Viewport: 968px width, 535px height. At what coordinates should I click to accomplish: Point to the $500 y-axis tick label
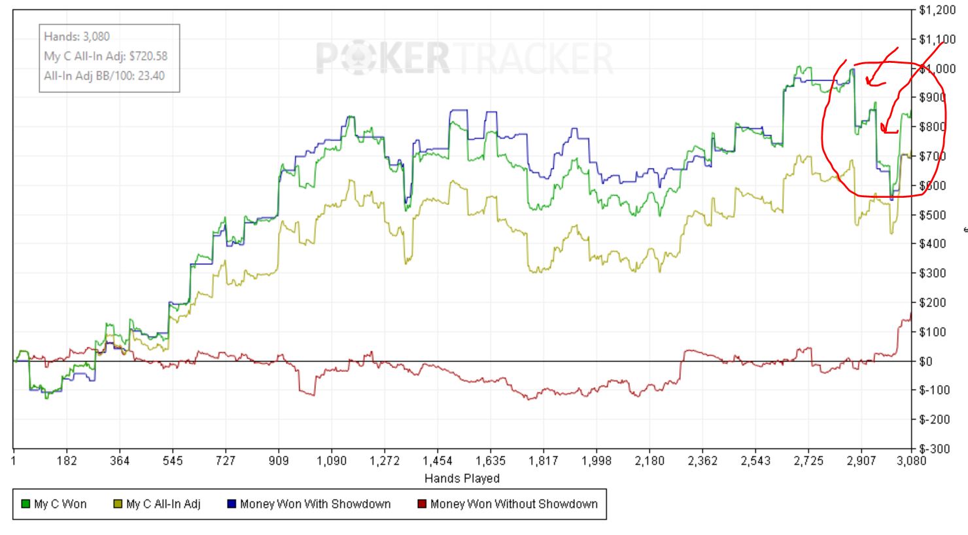pos(932,215)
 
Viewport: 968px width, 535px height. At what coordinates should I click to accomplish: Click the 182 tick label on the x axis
pos(67,461)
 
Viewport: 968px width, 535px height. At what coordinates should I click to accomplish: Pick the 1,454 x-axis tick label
pos(438,461)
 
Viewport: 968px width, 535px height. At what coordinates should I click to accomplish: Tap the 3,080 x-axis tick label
pos(912,461)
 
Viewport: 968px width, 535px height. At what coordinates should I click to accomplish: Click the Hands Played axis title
pos(462,478)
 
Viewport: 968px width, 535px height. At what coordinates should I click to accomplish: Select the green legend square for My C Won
pos(26,504)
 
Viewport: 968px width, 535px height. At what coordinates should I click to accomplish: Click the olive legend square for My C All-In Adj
pos(118,504)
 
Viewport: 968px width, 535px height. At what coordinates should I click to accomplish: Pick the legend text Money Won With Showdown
pos(315,504)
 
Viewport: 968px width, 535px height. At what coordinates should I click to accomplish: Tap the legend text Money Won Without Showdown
pos(513,504)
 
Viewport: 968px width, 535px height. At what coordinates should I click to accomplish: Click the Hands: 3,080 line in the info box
pos(77,37)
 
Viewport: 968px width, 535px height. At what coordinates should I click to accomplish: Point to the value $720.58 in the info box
pos(148,56)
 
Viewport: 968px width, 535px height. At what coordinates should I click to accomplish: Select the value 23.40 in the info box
pos(151,75)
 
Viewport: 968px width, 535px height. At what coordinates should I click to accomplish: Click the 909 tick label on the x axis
pos(279,461)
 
